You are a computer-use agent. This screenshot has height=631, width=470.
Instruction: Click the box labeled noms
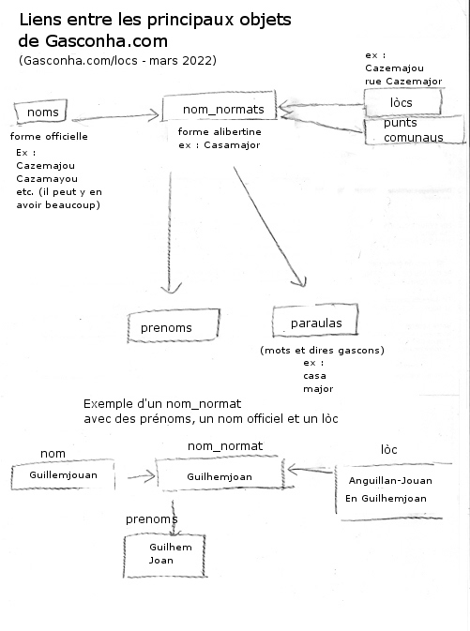click(40, 112)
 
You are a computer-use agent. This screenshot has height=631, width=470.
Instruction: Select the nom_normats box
click(220, 106)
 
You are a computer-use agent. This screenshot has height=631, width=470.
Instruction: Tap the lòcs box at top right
click(402, 102)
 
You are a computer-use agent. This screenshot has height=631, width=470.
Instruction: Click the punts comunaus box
click(415, 130)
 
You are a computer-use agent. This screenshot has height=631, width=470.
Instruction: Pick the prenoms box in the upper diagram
click(174, 325)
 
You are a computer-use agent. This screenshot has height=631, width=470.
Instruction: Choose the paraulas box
click(315, 321)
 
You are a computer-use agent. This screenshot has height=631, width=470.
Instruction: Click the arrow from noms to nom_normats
click(115, 116)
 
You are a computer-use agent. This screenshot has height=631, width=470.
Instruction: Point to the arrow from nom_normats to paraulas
click(269, 226)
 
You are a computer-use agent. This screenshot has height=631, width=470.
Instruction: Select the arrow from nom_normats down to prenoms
click(170, 233)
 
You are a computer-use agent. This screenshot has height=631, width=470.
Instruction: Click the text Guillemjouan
click(63, 474)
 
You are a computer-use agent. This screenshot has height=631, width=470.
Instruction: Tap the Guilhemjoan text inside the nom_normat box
click(220, 477)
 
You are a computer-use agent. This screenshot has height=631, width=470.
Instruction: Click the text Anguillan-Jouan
click(390, 480)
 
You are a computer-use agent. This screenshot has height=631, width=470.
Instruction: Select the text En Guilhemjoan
click(386, 499)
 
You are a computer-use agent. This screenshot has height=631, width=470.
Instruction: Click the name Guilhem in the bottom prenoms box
click(171, 547)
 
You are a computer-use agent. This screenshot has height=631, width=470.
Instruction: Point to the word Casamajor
click(232, 145)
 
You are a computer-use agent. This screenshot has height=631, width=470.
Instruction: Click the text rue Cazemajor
click(403, 82)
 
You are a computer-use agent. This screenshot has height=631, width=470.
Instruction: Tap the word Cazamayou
click(47, 179)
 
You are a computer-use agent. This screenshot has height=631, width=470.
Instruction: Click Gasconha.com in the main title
click(106, 41)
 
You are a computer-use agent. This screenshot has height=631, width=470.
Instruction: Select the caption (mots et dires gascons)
click(322, 350)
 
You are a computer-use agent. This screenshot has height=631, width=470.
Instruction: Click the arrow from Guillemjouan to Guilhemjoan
click(142, 477)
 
